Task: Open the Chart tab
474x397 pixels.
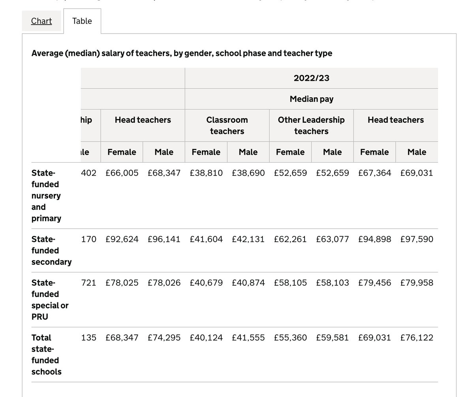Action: (41, 21)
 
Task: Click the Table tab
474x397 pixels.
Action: (82, 21)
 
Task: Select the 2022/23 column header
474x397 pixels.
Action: (311, 78)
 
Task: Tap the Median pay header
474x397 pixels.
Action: (311, 99)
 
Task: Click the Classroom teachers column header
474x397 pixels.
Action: (227, 125)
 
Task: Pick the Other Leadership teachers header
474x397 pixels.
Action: (311, 125)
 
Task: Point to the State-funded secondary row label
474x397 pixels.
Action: (51, 250)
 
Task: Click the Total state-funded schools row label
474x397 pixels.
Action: (46, 354)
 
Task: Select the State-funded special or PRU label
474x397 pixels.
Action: (50, 300)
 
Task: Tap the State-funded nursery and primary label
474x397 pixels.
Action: (46, 196)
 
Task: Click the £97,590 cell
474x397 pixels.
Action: (417, 239)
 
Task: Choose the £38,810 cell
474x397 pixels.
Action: (206, 173)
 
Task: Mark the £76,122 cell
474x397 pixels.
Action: (417, 338)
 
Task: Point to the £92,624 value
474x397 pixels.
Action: (122, 239)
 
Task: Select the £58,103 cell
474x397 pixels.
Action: (333, 283)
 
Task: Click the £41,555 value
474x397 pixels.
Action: (248, 338)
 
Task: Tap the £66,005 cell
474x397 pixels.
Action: (122, 173)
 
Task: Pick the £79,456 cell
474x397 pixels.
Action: (374, 283)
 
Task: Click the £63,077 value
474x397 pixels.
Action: (333, 239)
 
